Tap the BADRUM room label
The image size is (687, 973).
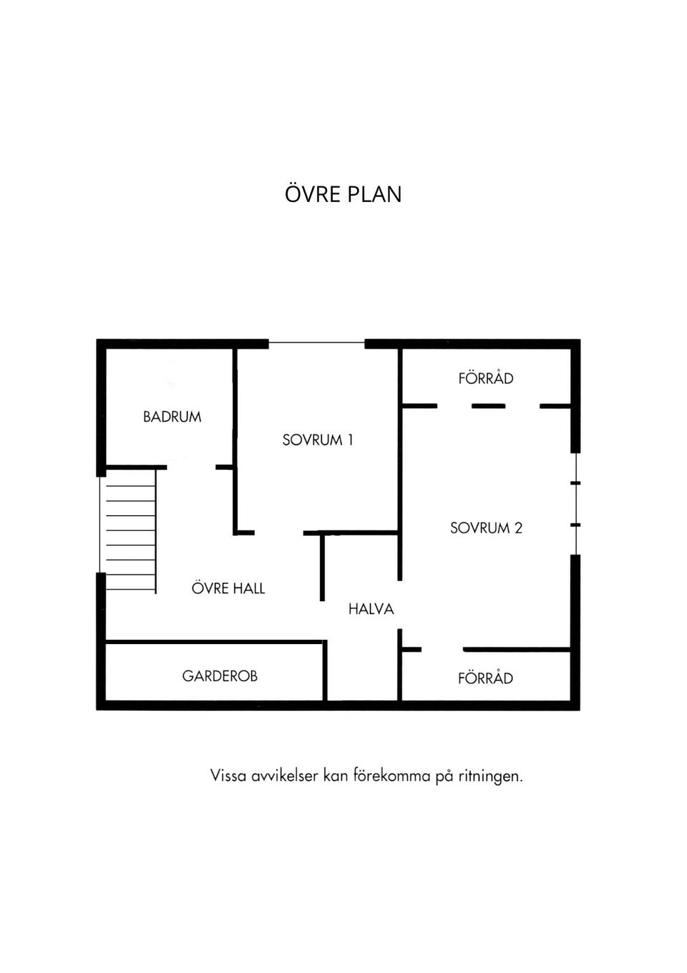click(172, 417)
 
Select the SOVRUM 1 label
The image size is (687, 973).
click(318, 440)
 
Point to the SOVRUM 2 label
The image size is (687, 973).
click(486, 528)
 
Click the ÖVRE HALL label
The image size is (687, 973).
click(228, 588)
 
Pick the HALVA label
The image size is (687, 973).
click(371, 609)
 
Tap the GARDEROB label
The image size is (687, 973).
click(220, 676)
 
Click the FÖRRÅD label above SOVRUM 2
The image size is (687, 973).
click(486, 378)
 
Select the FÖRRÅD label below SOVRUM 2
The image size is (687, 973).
click(486, 677)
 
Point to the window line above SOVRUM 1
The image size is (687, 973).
click(316, 343)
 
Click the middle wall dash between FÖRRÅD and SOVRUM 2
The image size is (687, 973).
click(488, 406)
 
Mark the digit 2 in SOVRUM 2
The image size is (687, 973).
click(518, 528)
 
